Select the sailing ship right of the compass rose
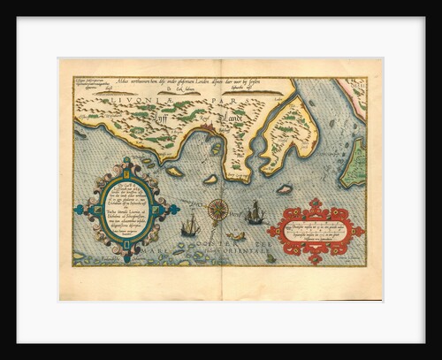click(255, 212)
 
